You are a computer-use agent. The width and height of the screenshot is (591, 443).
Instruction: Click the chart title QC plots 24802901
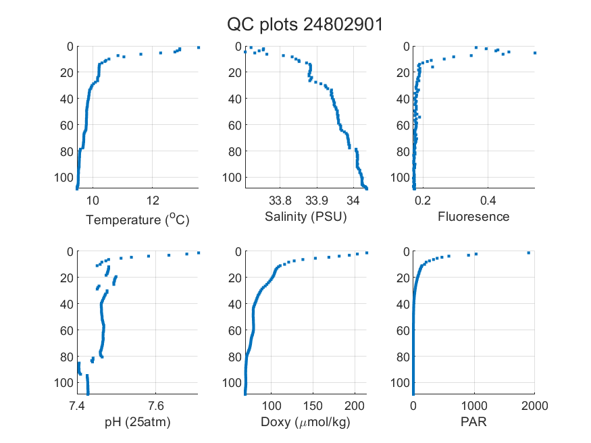[x=305, y=25]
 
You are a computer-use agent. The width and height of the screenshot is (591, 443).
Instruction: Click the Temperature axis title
[x=138, y=219]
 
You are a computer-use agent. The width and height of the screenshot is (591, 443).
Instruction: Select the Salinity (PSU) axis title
[x=306, y=217]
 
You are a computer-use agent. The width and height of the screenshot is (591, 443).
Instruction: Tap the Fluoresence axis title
[x=473, y=216]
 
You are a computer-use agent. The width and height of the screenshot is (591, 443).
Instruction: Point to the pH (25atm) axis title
[x=138, y=422]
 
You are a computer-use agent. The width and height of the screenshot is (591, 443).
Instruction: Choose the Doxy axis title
[x=306, y=422]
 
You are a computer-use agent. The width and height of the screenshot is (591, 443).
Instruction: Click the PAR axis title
[x=473, y=421]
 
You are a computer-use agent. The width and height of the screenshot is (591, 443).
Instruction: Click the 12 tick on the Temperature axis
[x=153, y=201]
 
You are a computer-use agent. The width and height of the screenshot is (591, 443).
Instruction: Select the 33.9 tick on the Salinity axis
[x=317, y=201]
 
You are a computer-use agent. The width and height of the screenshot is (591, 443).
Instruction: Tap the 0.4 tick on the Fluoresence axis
[x=488, y=201]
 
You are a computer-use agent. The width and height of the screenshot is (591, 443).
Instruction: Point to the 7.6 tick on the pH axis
[x=156, y=406]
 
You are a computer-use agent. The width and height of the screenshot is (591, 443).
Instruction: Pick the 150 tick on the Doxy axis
[x=313, y=406]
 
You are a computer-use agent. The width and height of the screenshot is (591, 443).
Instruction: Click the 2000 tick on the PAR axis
[x=534, y=406]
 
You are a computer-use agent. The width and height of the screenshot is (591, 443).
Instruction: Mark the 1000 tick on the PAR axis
[x=474, y=406]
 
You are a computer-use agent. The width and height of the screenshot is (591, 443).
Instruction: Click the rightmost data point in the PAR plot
[x=528, y=253]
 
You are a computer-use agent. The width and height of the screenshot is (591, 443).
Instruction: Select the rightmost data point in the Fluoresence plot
[x=534, y=53]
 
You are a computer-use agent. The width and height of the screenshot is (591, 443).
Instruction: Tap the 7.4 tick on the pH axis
[x=77, y=406]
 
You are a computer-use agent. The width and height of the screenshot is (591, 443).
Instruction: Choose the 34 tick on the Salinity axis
[x=353, y=201]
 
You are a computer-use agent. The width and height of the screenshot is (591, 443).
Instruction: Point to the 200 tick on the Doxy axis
[x=355, y=406]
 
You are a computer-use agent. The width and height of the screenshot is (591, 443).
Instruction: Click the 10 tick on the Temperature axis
[x=93, y=201]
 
